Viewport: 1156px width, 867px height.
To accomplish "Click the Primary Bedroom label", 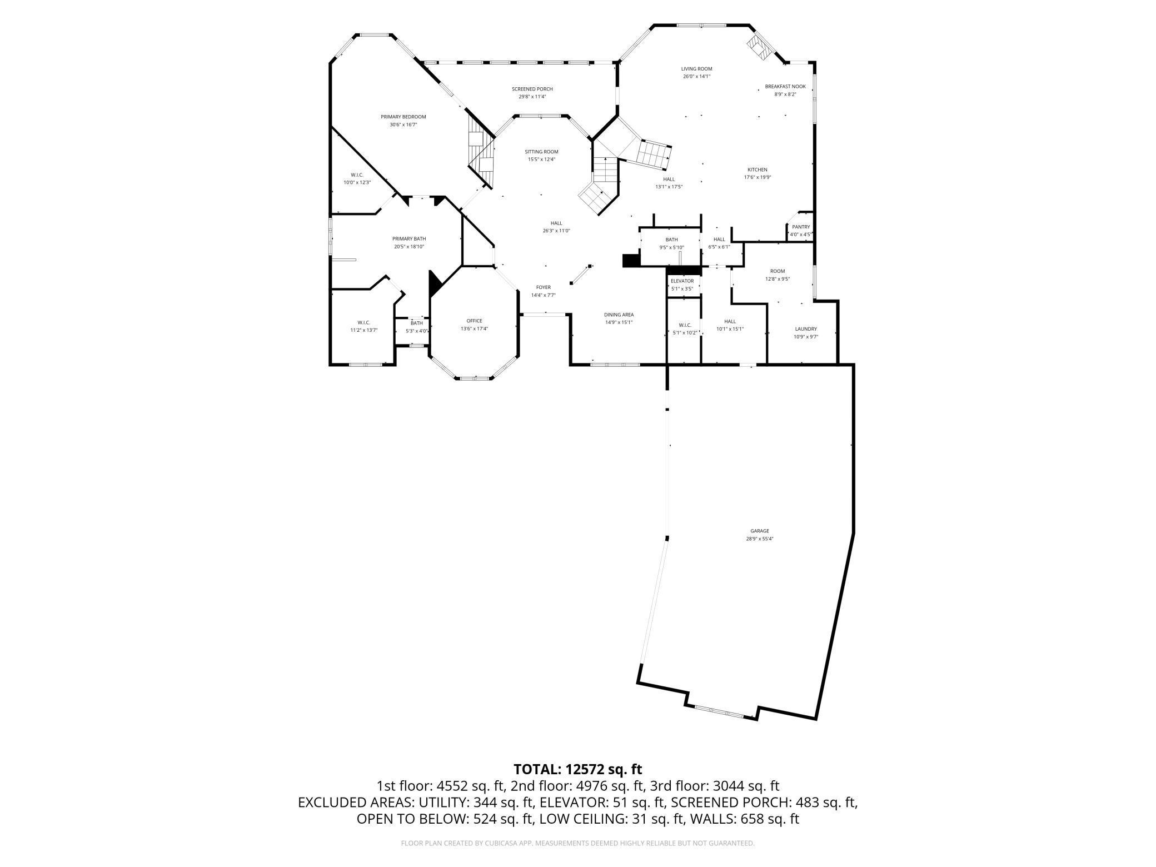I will click(x=403, y=117).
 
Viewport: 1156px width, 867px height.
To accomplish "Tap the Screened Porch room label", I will click(x=532, y=89).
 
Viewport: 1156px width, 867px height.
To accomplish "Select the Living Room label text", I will click(x=696, y=69).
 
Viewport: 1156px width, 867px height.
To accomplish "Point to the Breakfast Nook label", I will click(x=785, y=87).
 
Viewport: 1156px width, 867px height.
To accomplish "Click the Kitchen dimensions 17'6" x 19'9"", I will click(x=758, y=177).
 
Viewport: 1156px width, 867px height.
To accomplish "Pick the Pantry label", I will click(x=801, y=227).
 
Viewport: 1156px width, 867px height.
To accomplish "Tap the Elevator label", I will click(x=682, y=281).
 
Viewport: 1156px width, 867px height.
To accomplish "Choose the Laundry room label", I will click(x=806, y=329).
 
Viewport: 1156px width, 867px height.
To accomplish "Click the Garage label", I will click(x=759, y=531).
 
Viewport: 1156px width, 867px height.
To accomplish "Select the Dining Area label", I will click(x=619, y=315).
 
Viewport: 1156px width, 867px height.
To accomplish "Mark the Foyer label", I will click(x=543, y=287).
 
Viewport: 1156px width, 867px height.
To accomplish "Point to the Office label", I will click(x=474, y=321).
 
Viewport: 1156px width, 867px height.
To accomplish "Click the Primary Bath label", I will click(x=409, y=239).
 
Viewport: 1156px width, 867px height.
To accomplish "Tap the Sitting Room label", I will click(x=541, y=152).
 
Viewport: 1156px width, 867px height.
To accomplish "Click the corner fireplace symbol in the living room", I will click(x=759, y=47).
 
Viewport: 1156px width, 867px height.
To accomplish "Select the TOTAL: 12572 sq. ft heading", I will click(x=577, y=769).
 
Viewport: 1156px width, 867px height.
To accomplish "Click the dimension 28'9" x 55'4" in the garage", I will click(x=759, y=539).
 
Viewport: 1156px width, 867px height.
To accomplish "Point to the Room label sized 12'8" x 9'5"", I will click(x=778, y=271).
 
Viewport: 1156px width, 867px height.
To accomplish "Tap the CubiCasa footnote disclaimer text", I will click(x=577, y=843).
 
